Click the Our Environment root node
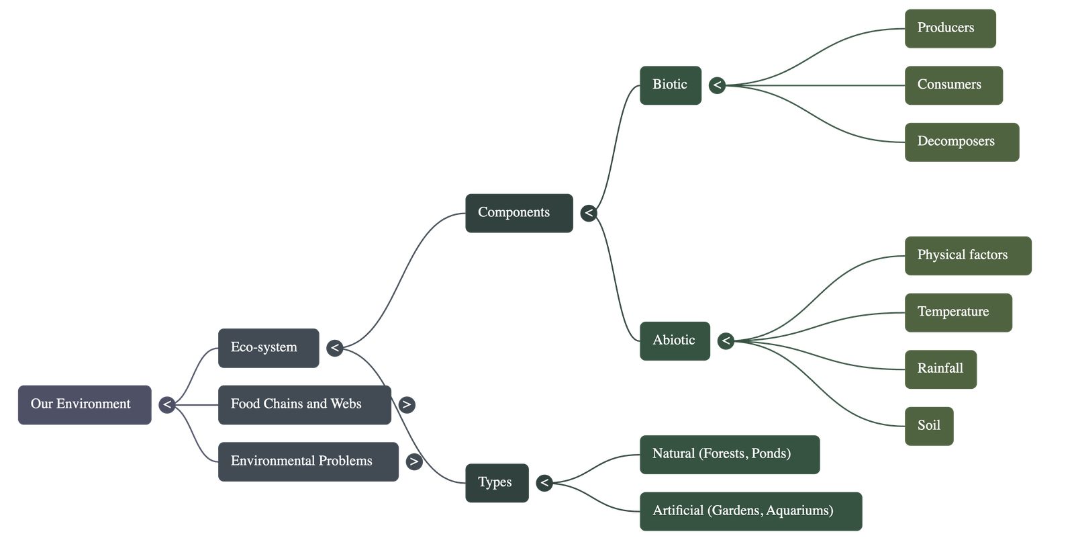click(84, 404)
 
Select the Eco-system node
click(268, 348)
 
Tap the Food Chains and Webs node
click(304, 404)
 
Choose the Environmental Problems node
click(308, 461)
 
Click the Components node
click(518, 213)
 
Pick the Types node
click(496, 482)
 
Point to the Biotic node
click(670, 85)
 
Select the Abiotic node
click(674, 341)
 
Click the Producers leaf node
click(950, 28)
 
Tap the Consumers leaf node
click(953, 85)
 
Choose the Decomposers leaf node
click(961, 142)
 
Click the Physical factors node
click(968, 255)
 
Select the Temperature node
click(958, 312)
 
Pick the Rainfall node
click(940, 369)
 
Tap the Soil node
click(928, 426)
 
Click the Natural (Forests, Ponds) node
click(729, 454)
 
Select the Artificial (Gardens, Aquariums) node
click(750, 511)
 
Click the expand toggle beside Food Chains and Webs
click(406, 404)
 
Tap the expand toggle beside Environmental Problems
click(414, 461)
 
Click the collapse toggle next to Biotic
click(717, 85)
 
